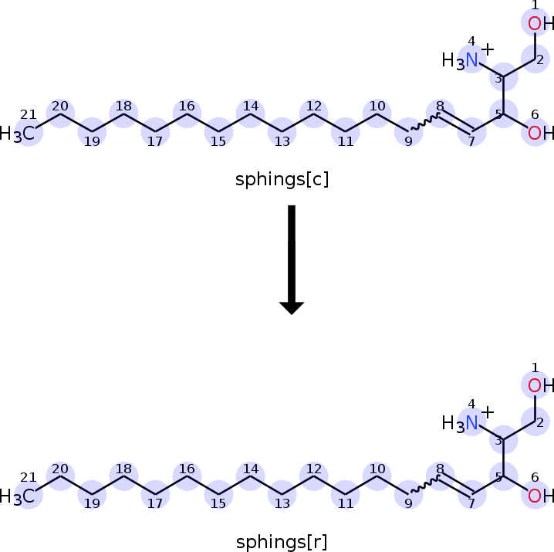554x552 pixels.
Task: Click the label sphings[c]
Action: pyautogui.click(x=282, y=181)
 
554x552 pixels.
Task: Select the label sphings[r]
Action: pyautogui.click(x=282, y=542)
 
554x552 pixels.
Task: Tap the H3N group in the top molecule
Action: pyautogui.click(x=461, y=60)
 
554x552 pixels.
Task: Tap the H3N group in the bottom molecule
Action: pyautogui.click(x=461, y=422)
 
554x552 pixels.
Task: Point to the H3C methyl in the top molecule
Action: pyautogui.click(x=18, y=134)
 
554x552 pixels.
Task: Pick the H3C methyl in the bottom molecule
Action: pyautogui.click(x=18, y=496)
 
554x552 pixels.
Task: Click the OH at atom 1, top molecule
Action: pyautogui.click(x=541, y=24)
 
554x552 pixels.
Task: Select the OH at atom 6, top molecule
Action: pyautogui.click(x=541, y=133)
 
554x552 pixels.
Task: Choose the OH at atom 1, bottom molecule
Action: pyautogui.click(x=541, y=385)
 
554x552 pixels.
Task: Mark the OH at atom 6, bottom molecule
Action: pyautogui.click(x=541, y=495)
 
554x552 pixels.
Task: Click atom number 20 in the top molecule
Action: pyautogui.click(x=60, y=114)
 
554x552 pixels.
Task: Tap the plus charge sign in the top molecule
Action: pyautogui.click(x=488, y=49)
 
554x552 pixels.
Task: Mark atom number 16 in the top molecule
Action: pyautogui.click(x=187, y=114)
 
